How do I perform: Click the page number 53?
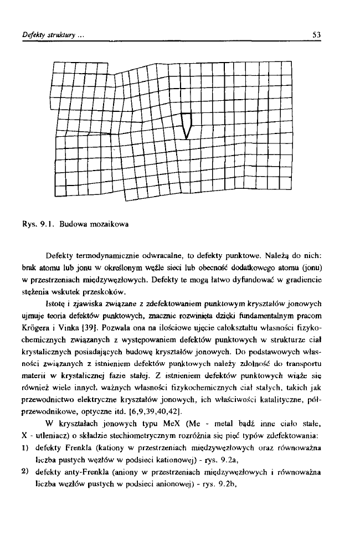click(x=317, y=34)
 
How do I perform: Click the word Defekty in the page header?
click(x=27, y=34)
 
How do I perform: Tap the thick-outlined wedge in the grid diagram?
click(x=187, y=125)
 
